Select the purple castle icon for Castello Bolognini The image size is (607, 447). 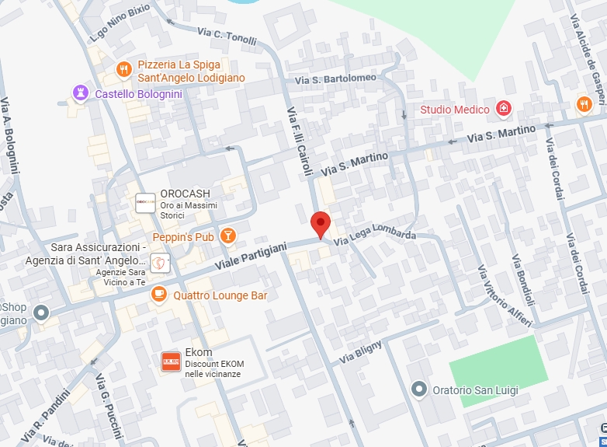point(80,93)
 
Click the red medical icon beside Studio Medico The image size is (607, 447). point(504,108)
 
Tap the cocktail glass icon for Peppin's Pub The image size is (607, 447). point(227,235)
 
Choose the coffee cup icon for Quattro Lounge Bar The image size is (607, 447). point(159,295)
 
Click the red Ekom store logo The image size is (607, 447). point(171,361)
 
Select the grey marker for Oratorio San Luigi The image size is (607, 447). point(419,389)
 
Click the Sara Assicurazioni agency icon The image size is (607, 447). point(159,264)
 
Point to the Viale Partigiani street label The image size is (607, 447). point(251,257)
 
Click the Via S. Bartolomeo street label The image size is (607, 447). point(335,79)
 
